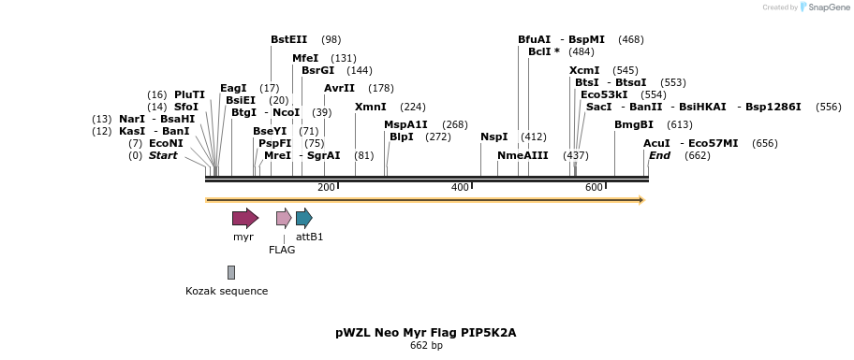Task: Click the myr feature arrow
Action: coord(244,219)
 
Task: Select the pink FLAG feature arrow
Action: coord(284,219)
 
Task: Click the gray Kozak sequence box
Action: coord(231,272)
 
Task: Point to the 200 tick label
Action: coord(326,188)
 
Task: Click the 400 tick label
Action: coord(460,188)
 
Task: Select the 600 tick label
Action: coord(594,188)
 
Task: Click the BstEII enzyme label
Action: coord(288,39)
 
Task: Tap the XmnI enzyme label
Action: coord(370,107)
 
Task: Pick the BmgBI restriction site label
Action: coord(633,124)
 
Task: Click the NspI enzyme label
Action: coord(493,137)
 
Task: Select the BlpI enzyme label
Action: coord(401,137)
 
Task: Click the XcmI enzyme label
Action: coord(584,70)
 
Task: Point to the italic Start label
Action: coord(162,155)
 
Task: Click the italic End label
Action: coord(659,155)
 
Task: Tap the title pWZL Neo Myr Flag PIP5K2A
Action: coord(426,332)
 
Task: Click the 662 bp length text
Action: coord(426,346)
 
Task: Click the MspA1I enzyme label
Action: coord(405,124)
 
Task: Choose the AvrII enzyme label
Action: coord(339,88)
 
